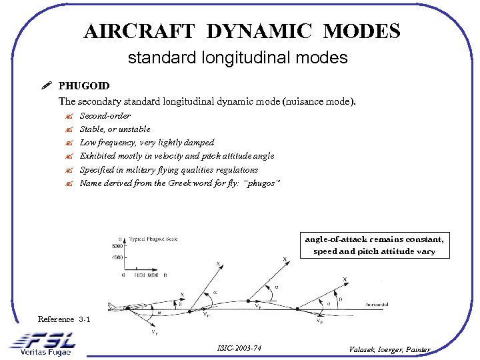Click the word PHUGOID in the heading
tap(84, 86)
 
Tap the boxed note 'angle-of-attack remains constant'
tap(374, 239)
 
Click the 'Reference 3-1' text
tap(64, 320)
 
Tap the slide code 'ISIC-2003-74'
tap(239, 348)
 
